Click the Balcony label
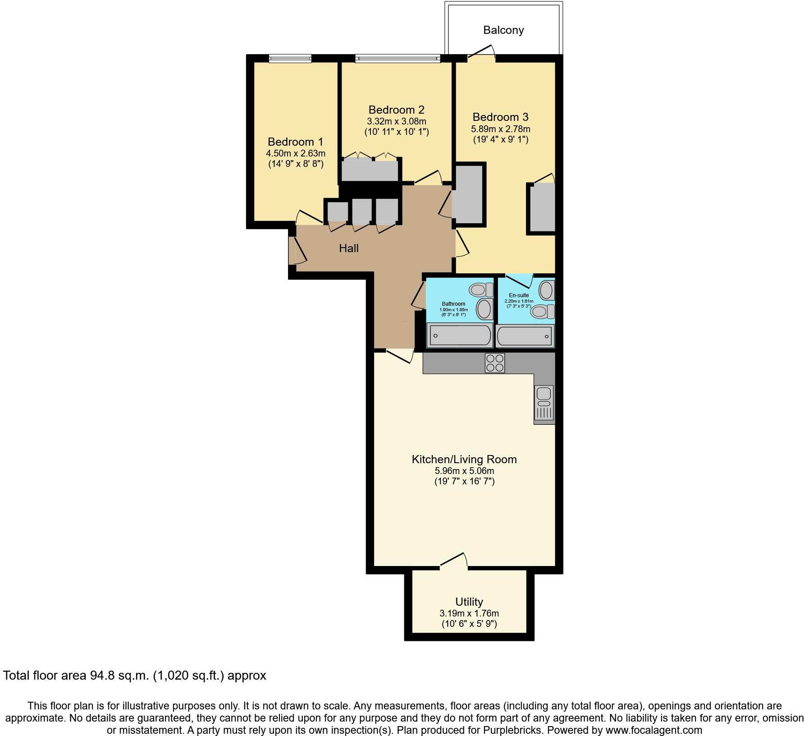click(x=503, y=30)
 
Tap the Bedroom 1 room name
click(x=295, y=142)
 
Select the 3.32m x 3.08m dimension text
click(x=396, y=121)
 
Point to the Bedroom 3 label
click(x=500, y=117)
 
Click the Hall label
click(x=348, y=248)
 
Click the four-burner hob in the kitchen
click(x=494, y=363)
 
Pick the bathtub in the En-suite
click(x=525, y=336)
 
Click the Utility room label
click(x=469, y=602)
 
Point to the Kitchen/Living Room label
click(x=464, y=459)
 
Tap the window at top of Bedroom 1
click(x=290, y=58)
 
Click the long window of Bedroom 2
click(x=397, y=58)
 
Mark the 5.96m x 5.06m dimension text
click(x=464, y=471)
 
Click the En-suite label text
click(x=519, y=295)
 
